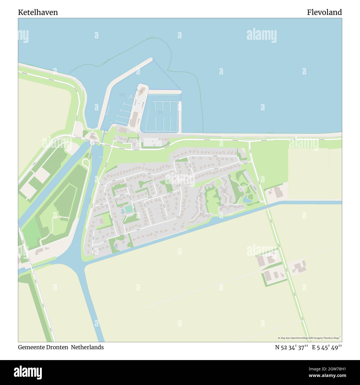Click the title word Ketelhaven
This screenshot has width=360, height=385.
point(38,12)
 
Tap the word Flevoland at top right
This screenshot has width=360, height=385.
point(324,12)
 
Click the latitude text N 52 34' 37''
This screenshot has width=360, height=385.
point(291,347)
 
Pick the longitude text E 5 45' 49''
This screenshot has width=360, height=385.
point(327,347)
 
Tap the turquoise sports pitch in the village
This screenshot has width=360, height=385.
point(129,209)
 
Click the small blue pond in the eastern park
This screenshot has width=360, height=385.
point(246,199)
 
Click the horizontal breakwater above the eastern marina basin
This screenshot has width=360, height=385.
point(164,92)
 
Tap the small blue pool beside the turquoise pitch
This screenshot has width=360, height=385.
point(122,212)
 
